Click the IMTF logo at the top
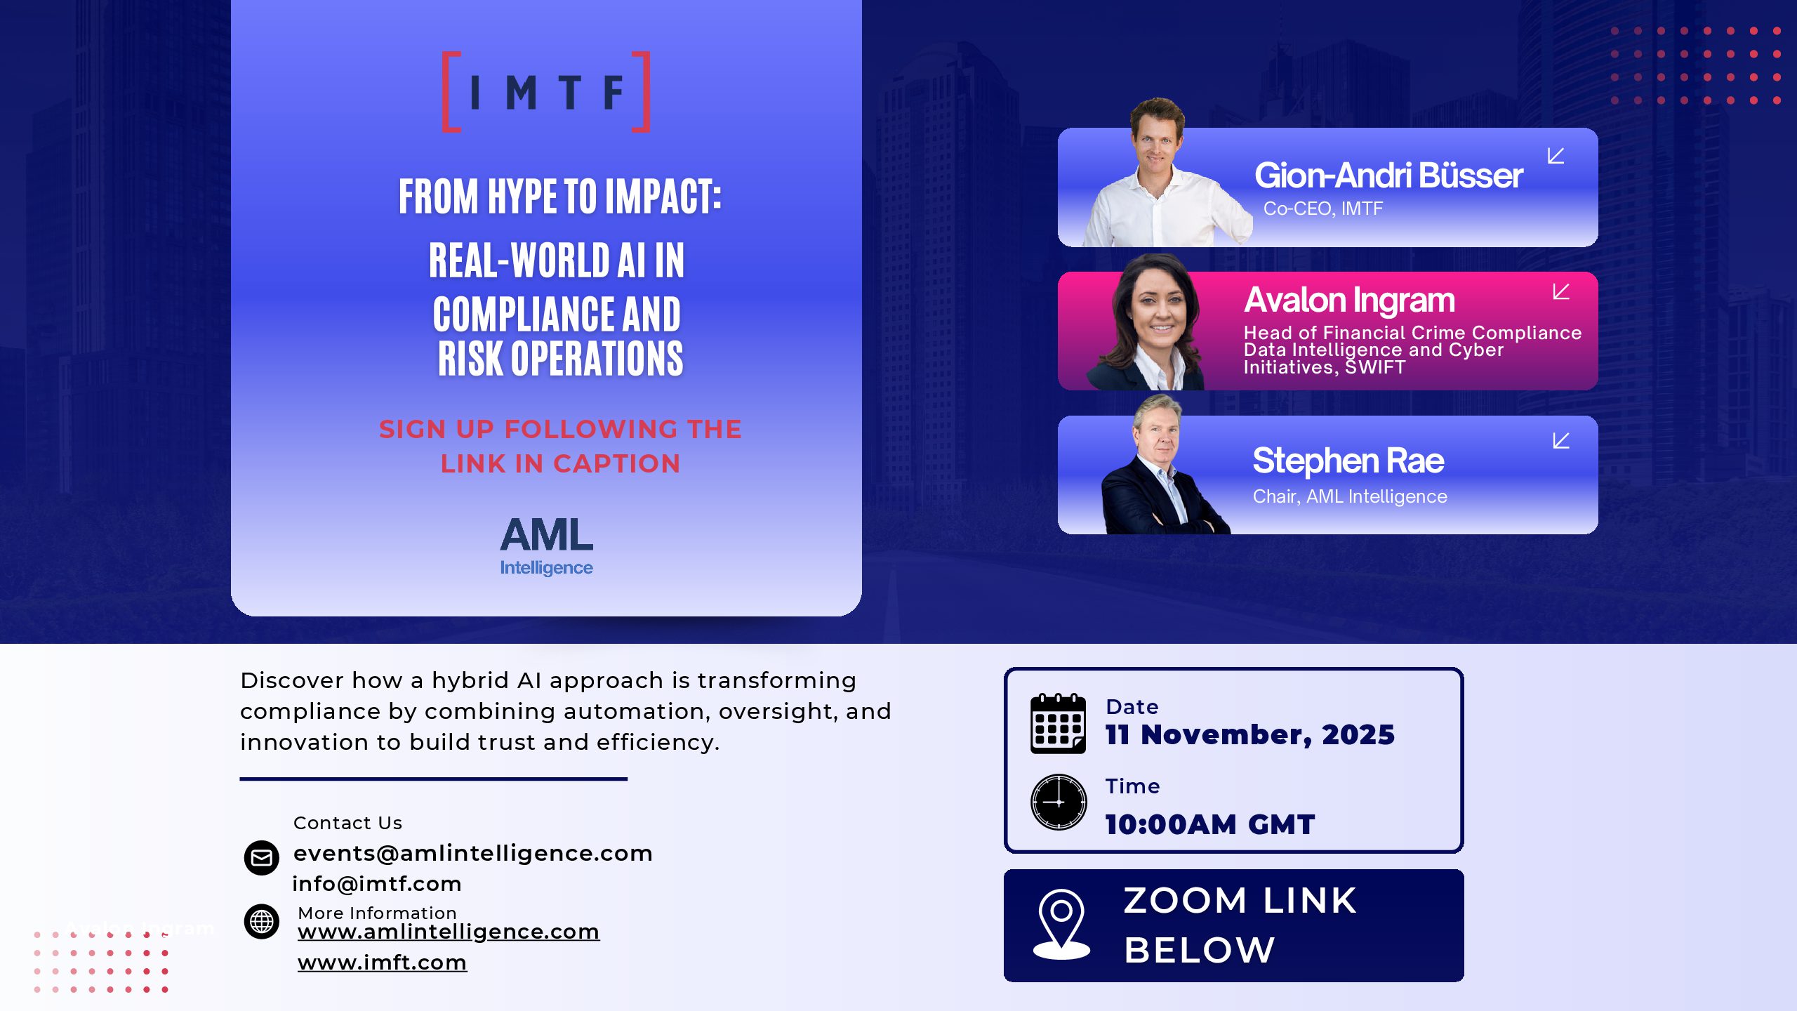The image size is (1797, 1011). click(x=546, y=92)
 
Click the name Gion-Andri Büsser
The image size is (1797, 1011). click(x=1388, y=176)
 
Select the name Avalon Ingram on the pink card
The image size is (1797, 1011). click(x=1349, y=300)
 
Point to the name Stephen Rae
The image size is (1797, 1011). click(x=1348, y=461)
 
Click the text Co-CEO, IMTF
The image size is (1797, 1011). click(x=1323, y=209)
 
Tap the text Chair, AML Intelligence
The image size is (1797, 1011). click(x=1350, y=496)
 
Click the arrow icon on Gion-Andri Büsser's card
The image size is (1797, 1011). click(x=1556, y=156)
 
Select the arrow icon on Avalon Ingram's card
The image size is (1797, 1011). click(x=1561, y=291)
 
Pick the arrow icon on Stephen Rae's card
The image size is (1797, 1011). click(x=1561, y=440)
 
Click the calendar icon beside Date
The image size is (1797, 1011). click(x=1058, y=723)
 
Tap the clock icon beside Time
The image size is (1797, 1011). click(x=1059, y=802)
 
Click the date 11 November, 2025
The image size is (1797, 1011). click(x=1250, y=734)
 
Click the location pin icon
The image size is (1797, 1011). click(x=1061, y=925)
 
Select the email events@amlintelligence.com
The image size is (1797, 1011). click(x=473, y=853)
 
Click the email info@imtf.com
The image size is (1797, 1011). click(x=377, y=884)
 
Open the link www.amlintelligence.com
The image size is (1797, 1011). click(x=449, y=932)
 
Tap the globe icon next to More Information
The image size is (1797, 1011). click(x=262, y=921)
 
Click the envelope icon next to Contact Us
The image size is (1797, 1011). click(x=262, y=858)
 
